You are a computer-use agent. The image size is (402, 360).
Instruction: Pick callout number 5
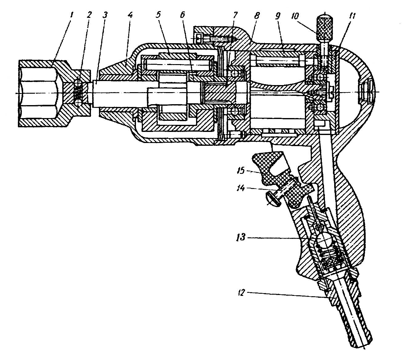(158, 15)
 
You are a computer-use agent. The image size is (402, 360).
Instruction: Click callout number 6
(182, 15)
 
